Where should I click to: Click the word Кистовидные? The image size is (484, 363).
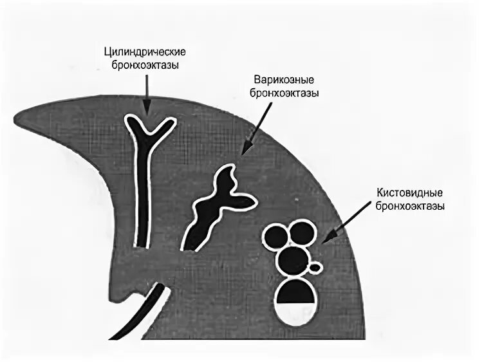point(411,193)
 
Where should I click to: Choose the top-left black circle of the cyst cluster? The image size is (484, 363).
point(277,236)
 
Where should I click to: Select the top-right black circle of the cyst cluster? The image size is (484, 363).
point(301,232)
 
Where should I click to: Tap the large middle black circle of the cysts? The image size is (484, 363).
point(293,260)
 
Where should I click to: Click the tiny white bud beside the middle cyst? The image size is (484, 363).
point(315,266)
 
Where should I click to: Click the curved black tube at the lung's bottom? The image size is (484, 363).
point(152,309)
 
